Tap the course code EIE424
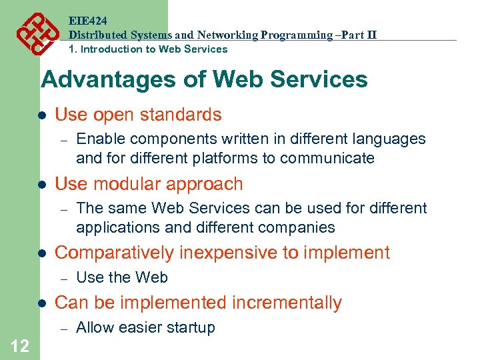[x=87, y=21]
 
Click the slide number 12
[x=19, y=345]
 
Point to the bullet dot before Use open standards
[x=41, y=115]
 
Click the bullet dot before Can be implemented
[x=41, y=303]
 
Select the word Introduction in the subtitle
[x=110, y=49]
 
